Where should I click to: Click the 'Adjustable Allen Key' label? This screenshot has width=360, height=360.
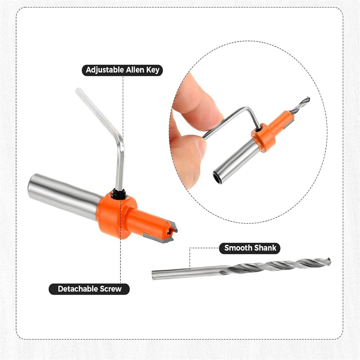click(122, 70)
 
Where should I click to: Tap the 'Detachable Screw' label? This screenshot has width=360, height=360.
click(89, 289)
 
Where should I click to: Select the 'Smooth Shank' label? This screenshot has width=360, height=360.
click(249, 248)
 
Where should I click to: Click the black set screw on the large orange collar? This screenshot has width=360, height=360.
click(119, 195)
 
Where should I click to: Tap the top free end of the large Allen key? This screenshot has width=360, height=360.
click(78, 91)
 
